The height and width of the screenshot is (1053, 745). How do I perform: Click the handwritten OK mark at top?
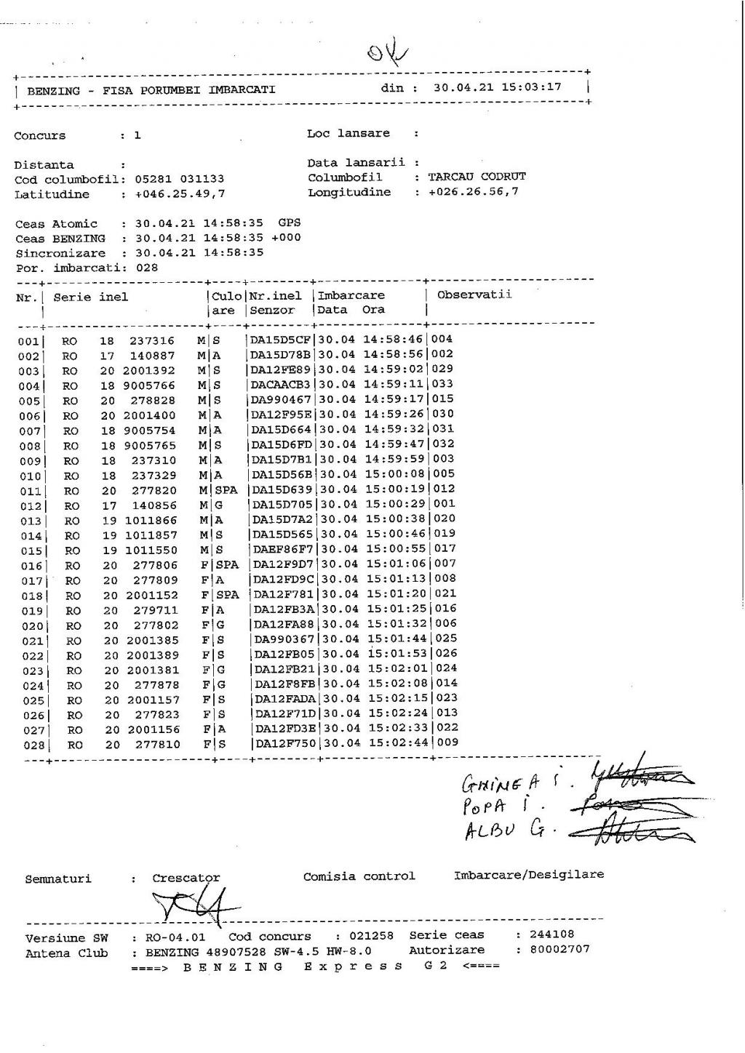(x=388, y=53)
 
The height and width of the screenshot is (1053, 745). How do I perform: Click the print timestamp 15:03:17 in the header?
(x=530, y=87)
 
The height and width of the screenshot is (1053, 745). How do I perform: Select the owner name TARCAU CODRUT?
(x=477, y=177)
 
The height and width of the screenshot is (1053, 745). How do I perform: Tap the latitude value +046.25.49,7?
(x=180, y=194)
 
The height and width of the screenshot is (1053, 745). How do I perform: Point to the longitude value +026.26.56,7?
(x=474, y=193)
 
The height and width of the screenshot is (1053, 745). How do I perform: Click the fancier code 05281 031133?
(x=180, y=179)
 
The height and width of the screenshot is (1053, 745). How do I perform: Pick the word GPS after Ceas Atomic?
(x=289, y=223)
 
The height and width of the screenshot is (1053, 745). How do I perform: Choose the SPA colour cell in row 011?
(x=226, y=490)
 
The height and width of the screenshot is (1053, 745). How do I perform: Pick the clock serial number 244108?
(x=552, y=934)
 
